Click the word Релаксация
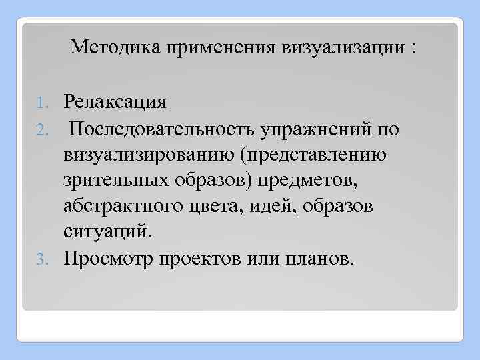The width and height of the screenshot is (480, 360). tap(115, 103)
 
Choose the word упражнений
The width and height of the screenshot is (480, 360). tap(326, 129)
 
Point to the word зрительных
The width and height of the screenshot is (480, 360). tap(117, 181)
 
